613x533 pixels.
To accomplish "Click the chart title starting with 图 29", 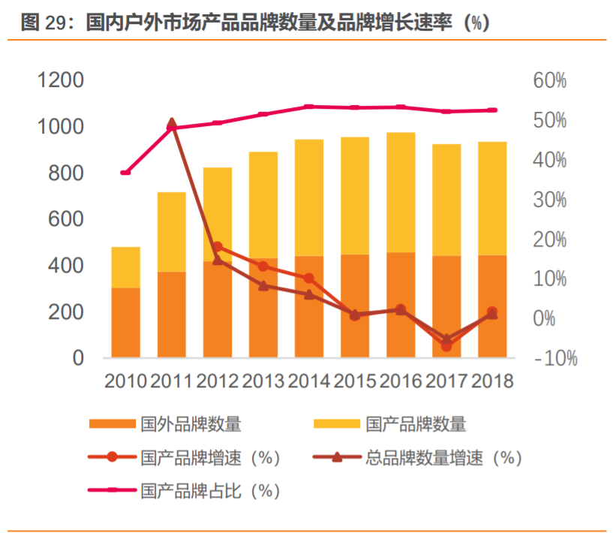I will (255, 23).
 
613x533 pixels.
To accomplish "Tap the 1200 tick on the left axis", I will (62, 80).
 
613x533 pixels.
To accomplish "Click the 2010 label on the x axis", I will (125, 381).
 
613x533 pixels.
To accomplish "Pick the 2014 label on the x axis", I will (309, 381).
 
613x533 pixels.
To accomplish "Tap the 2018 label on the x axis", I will (492, 381).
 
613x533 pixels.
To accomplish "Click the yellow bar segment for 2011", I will (172, 231).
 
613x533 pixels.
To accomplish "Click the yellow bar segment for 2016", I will (401, 192).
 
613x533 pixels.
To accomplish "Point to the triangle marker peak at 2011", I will (172, 123).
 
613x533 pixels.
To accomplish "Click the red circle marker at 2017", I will (446, 346).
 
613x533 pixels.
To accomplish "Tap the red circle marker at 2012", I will (218, 247).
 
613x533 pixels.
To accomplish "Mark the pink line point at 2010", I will (126, 173).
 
